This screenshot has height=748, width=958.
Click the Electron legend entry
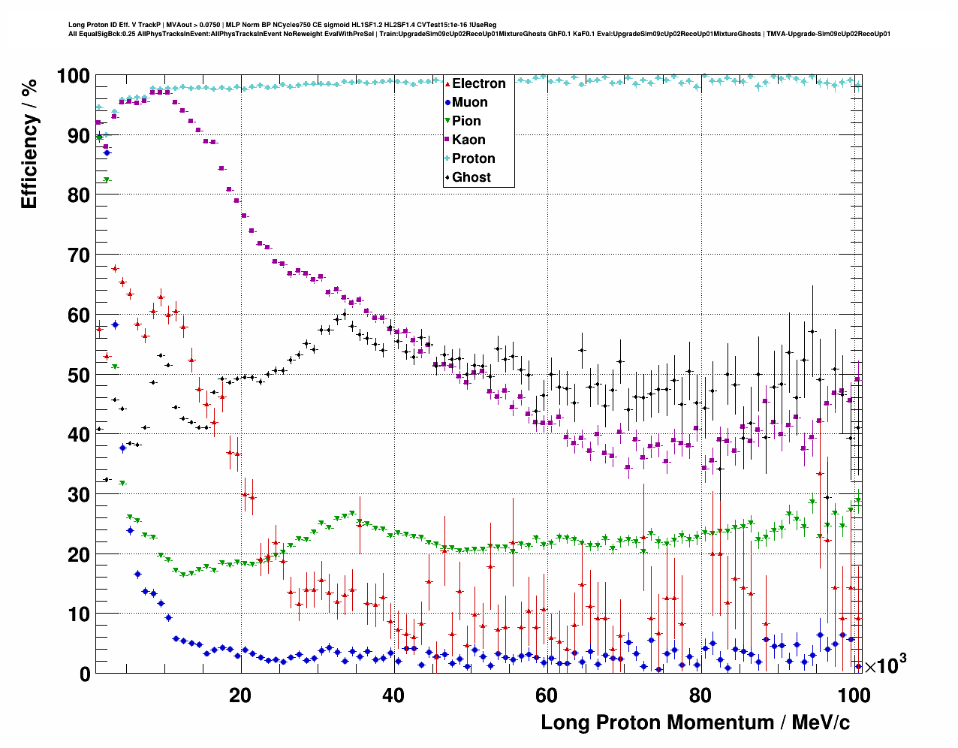click(478, 83)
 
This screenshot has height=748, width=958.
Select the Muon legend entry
click(469, 102)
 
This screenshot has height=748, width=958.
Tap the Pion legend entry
click(466, 121)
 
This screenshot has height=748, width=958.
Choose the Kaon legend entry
click(468, 140)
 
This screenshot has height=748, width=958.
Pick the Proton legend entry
click(473, 158)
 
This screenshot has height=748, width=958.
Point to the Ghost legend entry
click(471, 177)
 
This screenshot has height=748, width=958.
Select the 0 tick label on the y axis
click(84, 674)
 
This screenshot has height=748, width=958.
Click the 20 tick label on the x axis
click(240, 695)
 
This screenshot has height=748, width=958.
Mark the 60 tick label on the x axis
click(547, 695)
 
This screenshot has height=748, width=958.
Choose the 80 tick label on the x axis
click(700, 695)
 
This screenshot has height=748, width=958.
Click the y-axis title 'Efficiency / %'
click(29, 143)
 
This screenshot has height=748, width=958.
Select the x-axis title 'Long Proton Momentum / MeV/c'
click(695, 722)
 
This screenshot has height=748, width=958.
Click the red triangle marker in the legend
click(447, 83)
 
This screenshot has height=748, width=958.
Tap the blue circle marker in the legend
click(447, 102)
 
